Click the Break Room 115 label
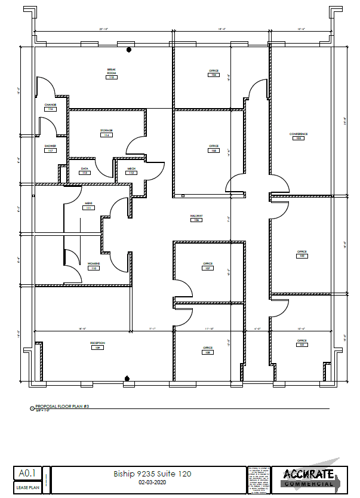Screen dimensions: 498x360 pyautogui.click(x=111, y=73)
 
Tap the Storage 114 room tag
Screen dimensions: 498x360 pyautogui.click(x=106, y=133)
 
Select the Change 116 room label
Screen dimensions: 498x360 pyautogui.click(x=50, y=107)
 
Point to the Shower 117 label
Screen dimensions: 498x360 pyautogui.click(x=50, y=147)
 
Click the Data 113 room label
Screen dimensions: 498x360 pyautogui.click(x=85, y=171)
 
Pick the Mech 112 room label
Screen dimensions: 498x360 pyautogui.click(x=131, y=171)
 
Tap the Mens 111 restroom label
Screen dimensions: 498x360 pyautogui.click(x=88, y=206)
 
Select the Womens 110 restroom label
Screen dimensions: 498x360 pyautogui.click(x=94, y=266)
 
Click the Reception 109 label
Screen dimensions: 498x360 pyautogui.click(x=97, y=345)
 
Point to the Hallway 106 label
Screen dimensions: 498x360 pyautogui.click(x=196, y=218)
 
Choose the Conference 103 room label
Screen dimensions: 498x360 pyautogui.click(x=298, y=136)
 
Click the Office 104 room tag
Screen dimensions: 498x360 pyautogui.click(x=213, y=73)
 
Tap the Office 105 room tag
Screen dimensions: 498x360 pyautogui.click(x=213, y=148)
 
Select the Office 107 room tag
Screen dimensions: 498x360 pyautogui.click(x=208, y=266)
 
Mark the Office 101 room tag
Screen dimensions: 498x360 pyautogui.click(x=301, y=343)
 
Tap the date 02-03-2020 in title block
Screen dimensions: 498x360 pyautogui.click(x=152, y=482)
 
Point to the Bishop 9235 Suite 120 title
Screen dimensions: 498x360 pyautogui.click(x=152, y=474)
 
